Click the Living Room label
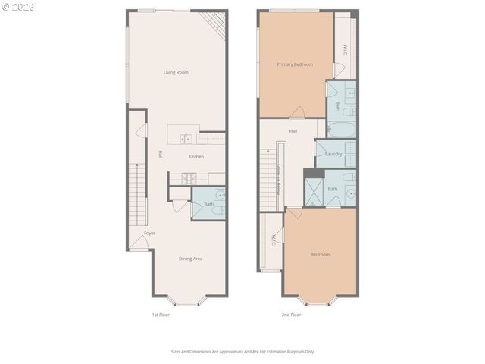(176, 72)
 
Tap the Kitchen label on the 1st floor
(196, 157)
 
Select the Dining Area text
(190, 259)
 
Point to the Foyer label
(149, 233)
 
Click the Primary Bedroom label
(294, 64)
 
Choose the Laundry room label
(333, 154)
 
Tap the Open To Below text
(278, 180)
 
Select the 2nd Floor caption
(291, 314)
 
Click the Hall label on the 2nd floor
(293, 131)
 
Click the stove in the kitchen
(189, 178)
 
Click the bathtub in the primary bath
(341, 129)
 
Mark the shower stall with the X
(314, 193)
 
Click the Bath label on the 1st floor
(208, 204)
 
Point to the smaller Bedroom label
(320, 254)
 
